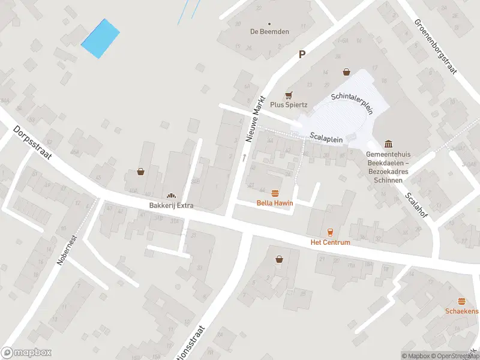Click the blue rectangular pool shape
(100, 38)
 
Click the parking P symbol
(302, 54)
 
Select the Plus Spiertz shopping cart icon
(289, 95)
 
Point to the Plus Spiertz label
(289, 104)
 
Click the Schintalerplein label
(352, 103)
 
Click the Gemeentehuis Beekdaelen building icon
(388, 144)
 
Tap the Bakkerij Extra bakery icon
(171, 196)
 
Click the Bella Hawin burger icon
(275, 193)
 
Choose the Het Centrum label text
(329, 242)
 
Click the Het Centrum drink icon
(329, 232)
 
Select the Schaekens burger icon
(461, 301)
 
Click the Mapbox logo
(26, 353)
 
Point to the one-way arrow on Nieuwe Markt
(244, 158)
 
